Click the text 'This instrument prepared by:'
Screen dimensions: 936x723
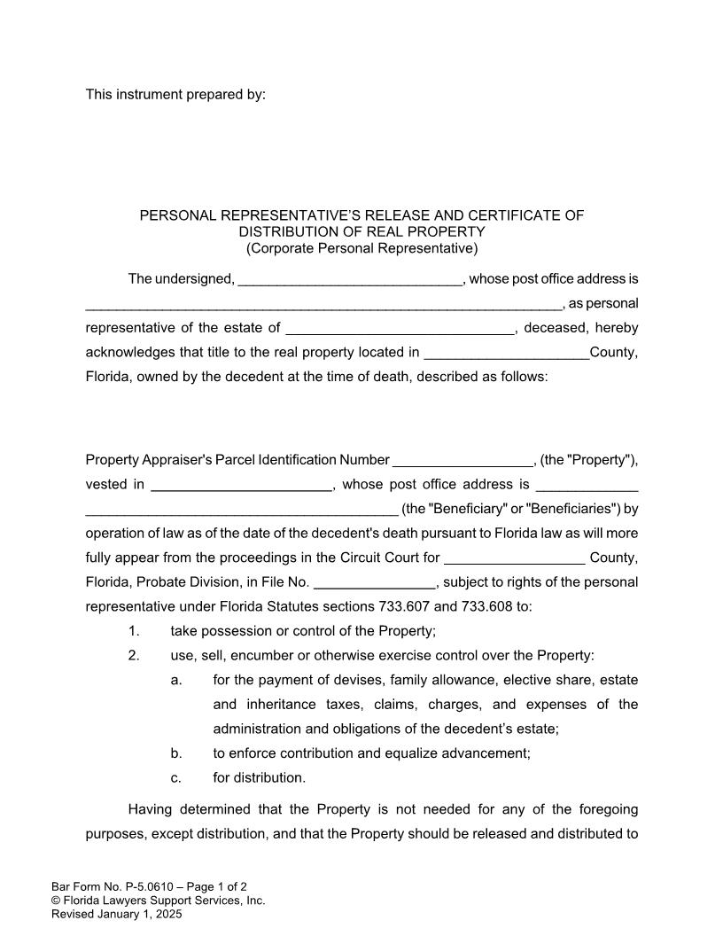coord(175,95)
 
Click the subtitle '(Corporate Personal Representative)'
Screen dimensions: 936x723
coord(361,248)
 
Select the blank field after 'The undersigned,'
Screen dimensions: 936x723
coord(350,280)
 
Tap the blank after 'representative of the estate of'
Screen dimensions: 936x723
coord(400,329)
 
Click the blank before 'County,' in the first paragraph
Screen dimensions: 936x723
coord(506,353)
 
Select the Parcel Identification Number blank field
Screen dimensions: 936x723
coord(462,461)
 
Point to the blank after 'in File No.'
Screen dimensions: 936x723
coord(374,583)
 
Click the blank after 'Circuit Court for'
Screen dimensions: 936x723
coord(513,558)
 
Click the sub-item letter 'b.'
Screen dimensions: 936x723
coord(176,753)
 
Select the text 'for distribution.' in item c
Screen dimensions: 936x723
coord(259,778)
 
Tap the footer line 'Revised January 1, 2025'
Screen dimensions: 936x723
coord(116,914)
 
